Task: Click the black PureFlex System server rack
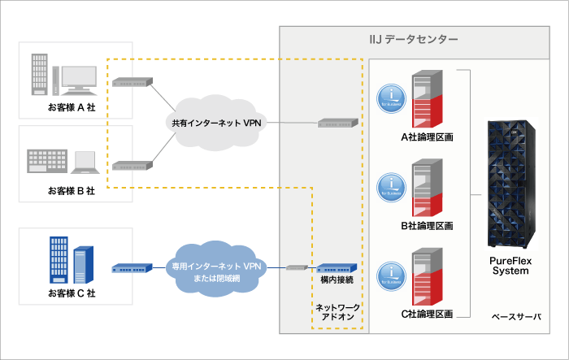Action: point(510,184)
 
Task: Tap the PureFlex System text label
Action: point(510,266)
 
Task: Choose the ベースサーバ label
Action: point(515,315)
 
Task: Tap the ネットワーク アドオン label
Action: point(337,314)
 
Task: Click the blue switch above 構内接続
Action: point(335,268)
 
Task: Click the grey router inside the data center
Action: point(337,124)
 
